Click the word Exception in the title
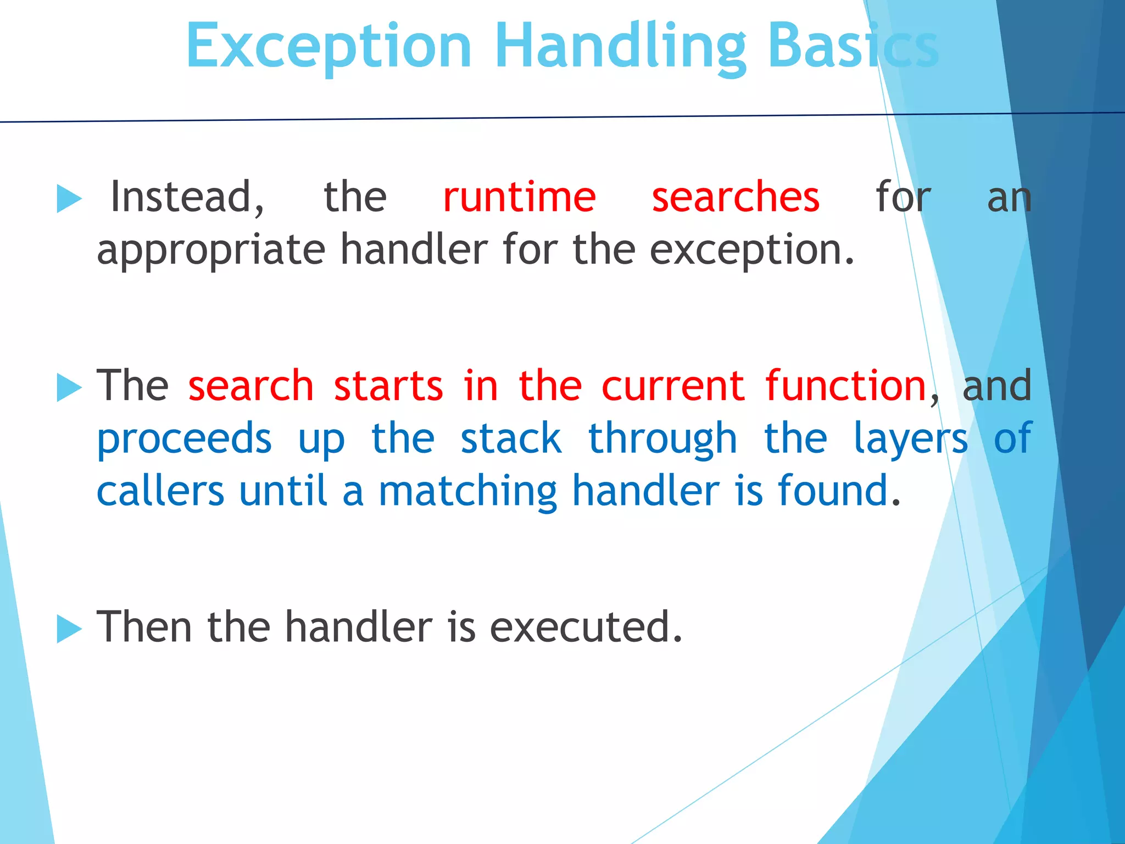(x=328, y=47)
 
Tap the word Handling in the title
(x=620, y=47)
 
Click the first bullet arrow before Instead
(x=69, y=198)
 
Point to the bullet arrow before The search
(x=69, y=387)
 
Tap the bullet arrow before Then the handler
(x=69, y=629)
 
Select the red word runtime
(x=519, y=197)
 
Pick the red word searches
(x=736, y=197)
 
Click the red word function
(x=846, y=386)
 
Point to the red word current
(x=673, y=386)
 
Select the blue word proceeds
(x=184, y=438)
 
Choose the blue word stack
(x=511, y=438)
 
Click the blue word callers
(x=160, y=491)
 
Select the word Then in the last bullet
(x=144, y=626)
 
